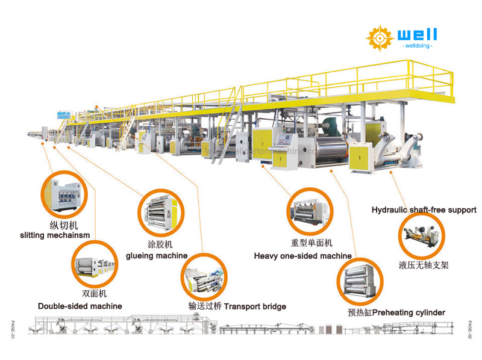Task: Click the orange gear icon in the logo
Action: (378, 37)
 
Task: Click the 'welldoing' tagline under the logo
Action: (416, 46)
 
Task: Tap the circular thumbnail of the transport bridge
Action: (205, 275)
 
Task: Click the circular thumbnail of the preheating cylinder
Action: (358, 281)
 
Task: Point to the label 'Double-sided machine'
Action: (80, 306)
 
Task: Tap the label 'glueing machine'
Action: (157, 255)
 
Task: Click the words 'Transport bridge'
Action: (254, 306)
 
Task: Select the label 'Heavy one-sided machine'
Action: (302, 256)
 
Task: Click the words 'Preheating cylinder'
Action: (408, 312)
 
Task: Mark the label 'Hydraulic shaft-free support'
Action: (424, 210)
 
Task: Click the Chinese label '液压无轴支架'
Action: (424, 264)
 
